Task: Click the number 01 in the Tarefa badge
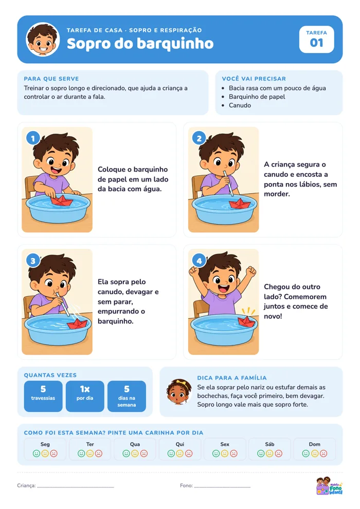pos(316,43)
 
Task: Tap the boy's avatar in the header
pos(43,39)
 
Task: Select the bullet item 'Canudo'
pos(240,105)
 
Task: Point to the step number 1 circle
pos(33,139)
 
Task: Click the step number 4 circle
pos(199,261)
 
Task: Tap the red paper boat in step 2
pos(240,204)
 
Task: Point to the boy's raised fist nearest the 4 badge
pos(194,270)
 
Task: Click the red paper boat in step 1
pos(62,200)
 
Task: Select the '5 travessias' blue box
pos(43,396)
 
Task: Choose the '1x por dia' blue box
pos(85,396)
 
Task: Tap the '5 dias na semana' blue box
pos(127,396)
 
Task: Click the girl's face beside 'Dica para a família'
pos(179,392)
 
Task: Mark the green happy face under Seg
pos(37,453)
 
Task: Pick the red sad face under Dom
pos(323,453)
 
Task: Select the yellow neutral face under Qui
pos(180,453)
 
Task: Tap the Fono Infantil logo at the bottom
pos(329,486)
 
